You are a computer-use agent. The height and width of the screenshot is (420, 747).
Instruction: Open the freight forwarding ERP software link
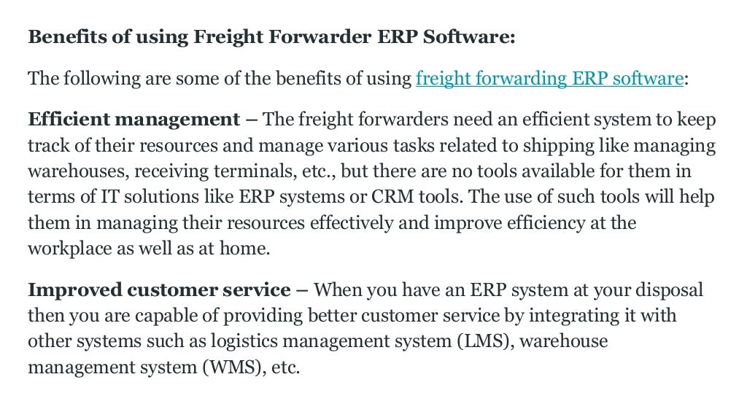click(549, 79)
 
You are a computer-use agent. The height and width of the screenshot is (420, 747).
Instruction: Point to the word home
click(247, 248)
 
